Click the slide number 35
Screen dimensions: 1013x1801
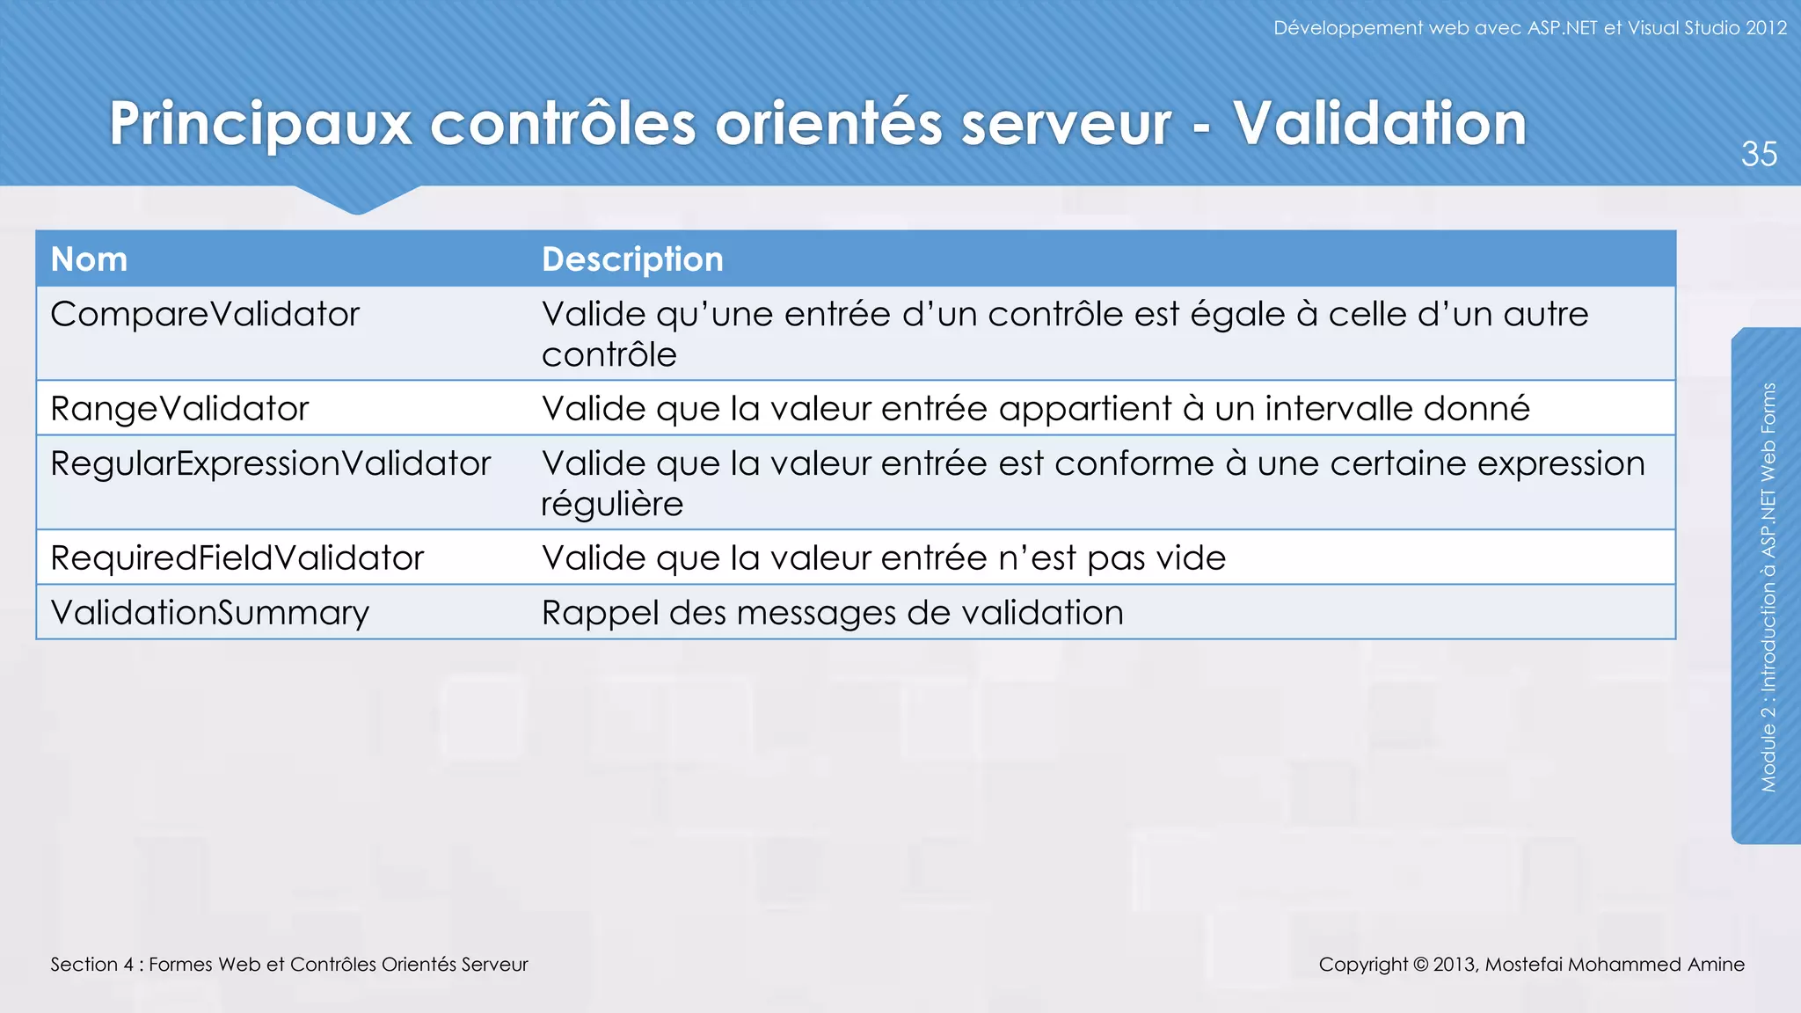point(1759,154)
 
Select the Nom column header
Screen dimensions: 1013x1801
point(89,259)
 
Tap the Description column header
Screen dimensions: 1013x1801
point(632,259)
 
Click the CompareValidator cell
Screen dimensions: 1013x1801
point(205,314)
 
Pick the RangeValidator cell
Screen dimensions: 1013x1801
point(179,409)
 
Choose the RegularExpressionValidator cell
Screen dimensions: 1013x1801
point(270,463)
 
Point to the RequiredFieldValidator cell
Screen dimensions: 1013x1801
point(237,558)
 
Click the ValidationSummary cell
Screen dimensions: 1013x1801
point(209,613)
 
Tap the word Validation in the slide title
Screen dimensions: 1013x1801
point(1379,123)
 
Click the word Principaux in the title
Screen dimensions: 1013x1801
point(260,125)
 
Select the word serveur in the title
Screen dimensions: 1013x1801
point(1066,125)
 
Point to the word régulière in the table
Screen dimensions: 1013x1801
point(612,505)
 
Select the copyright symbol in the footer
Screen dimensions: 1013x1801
point(1420,965)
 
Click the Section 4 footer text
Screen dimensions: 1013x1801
point(288,965)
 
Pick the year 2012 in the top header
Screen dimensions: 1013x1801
point(1766,28)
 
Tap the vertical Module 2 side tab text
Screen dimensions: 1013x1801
point(1768,587)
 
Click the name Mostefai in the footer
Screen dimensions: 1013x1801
point(1524,965)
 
